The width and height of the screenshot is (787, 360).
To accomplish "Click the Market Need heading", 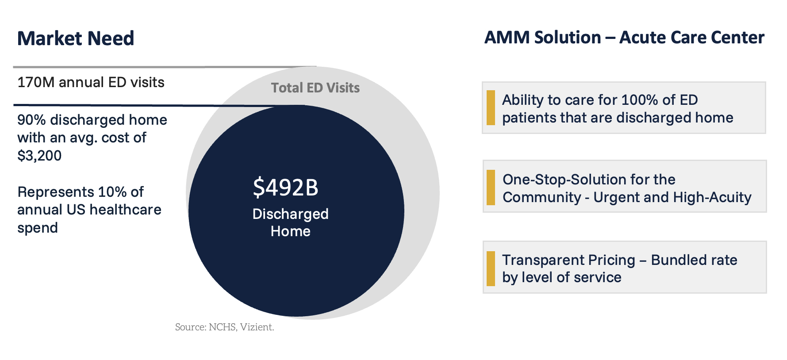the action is [76, 38].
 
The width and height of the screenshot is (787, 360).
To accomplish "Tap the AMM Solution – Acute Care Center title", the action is [624, 38].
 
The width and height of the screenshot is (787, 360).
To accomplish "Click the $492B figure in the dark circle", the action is [286, 188].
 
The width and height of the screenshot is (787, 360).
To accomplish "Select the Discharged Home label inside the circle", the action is [291, 222].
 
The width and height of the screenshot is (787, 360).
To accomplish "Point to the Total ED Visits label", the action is [315, 88].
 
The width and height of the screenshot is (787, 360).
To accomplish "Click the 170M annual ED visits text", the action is [91, 82].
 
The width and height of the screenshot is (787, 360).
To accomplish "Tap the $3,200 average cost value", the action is [39, 156].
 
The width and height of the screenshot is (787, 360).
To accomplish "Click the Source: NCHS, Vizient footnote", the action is [225, 327].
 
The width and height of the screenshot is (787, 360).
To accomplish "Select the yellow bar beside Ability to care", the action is [491, 108].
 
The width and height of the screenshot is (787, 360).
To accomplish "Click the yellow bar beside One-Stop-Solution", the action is [491, 188].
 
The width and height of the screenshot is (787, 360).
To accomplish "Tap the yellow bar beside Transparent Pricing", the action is [491, 268].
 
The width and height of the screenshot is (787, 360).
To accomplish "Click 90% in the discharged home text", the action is [31, 120].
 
